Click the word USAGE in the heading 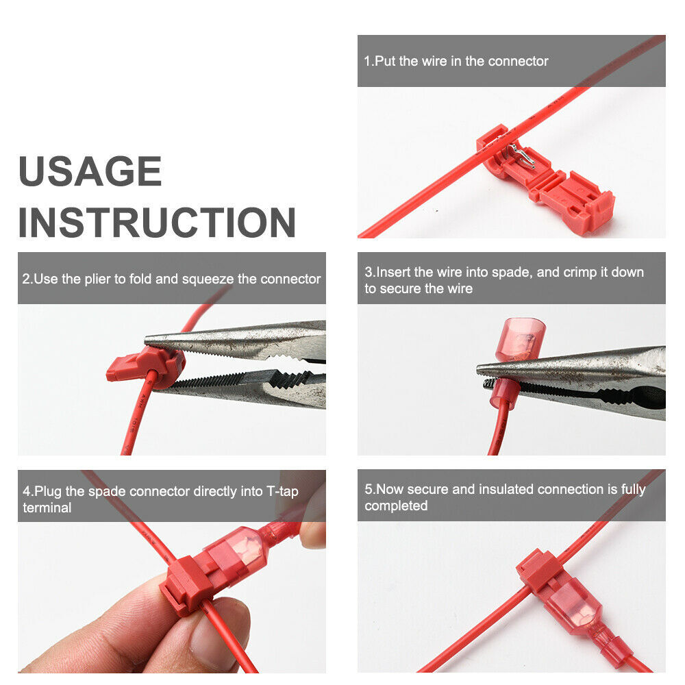pos(90,172)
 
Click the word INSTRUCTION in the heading pos(157,223)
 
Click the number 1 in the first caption pos(367,61)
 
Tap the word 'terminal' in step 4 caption pos(47,508)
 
